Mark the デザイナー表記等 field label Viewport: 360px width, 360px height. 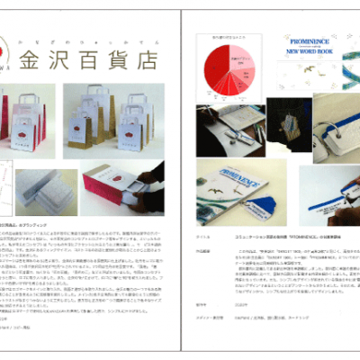coord(208,318)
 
